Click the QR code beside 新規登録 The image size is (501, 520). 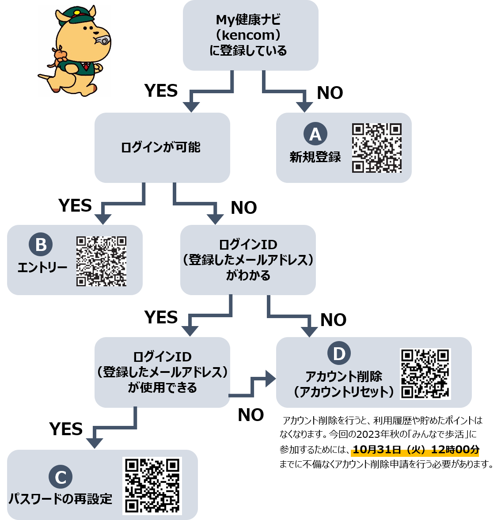pyautogui.click(x=377, y=148)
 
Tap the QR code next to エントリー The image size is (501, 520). pyautogui.click(x=101, y=261)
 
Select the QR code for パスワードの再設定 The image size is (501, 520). pyautogui.click(x=152, y=486)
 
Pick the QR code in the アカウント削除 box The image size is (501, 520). pyautogui.click(x=425, y=374)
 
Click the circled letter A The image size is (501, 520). pyautogui.click(x=315, y=134)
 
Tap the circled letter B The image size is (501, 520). pyautogui.click(x=41, y=244)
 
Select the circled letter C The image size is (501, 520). pyautogui.click(x=61, y=477)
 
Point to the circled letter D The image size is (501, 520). pyautogui.click(x=339, y=353)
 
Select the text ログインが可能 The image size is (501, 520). pyautogui.click(x=161, y=147)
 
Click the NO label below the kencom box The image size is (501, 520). pyautogui.click(x=330, y=93)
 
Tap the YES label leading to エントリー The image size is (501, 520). pyautogui.click(x=75, y=205)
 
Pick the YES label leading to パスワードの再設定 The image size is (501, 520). pyautogui.click(x=66, y=429)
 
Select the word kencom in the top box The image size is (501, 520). pyautogui.click(x=248, y=35)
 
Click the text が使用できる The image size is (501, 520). pyautogui.click(x=163, y=387)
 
